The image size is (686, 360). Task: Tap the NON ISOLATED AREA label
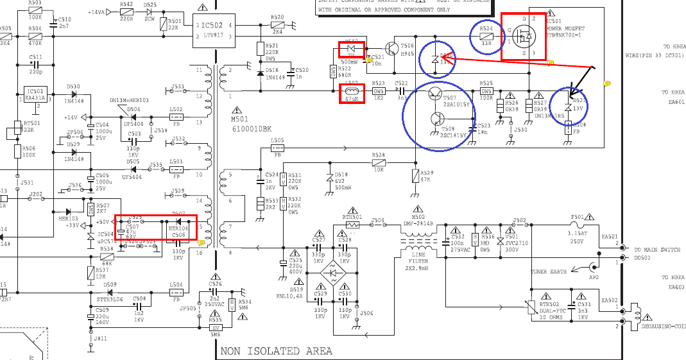[277, 351]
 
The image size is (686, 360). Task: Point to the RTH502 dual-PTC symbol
[533, 307]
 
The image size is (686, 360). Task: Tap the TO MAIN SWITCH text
[658, 249]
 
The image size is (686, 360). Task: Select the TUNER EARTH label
[549, 271]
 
